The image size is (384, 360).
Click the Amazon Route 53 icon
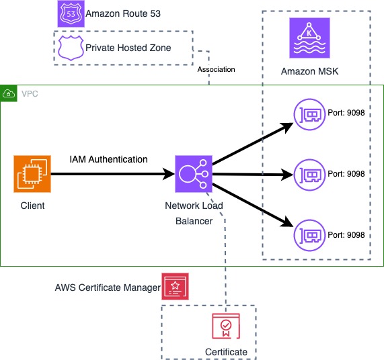[71, 13]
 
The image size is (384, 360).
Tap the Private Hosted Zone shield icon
[71, 47]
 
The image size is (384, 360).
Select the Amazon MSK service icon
[308, 38]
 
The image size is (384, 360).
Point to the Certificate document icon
[226, 326]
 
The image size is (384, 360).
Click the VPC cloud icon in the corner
[9, 93]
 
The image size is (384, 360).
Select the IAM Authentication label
[108, 159]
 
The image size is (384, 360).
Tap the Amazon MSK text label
[307, 71]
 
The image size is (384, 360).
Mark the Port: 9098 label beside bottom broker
[346, 234]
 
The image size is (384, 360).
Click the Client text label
[32, 205]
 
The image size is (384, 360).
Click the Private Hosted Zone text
[128, 48]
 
